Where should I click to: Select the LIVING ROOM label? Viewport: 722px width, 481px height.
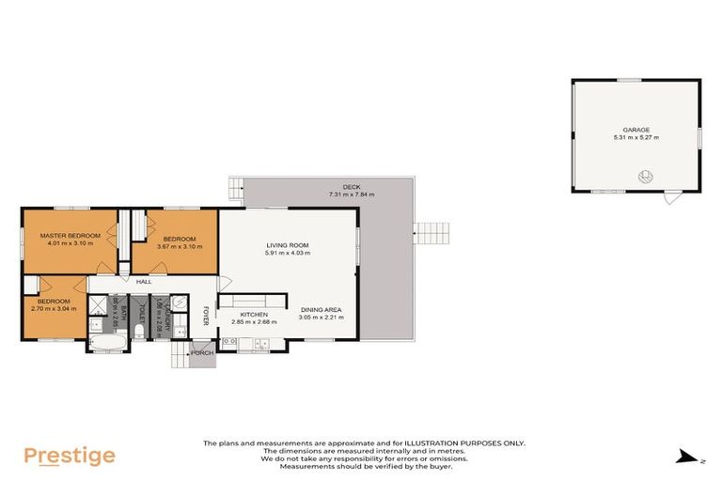point(288,245)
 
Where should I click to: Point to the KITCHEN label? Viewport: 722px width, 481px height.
point(254,314)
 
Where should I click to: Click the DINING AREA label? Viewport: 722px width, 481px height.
point(322,310)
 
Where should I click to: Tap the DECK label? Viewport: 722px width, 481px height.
point(352,187)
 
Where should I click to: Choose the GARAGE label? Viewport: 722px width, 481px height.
point(636,131)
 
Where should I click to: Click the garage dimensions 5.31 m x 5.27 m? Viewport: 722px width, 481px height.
point(636,138)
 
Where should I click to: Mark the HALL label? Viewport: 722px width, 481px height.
point(144,281)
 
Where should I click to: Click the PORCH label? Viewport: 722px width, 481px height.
point(202,354)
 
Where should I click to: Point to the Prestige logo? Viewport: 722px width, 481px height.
point(70,457)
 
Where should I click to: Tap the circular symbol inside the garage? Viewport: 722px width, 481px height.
point(646,176)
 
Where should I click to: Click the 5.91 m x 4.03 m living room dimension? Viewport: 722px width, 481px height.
point(288,253)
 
